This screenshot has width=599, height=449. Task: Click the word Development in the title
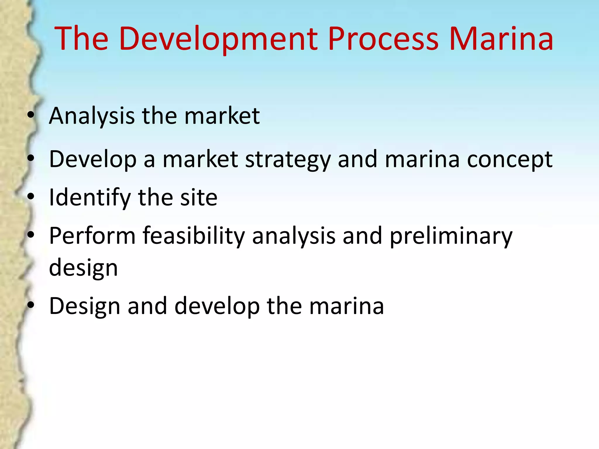click(x=218, y=39)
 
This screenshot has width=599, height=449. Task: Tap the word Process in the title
click(x=383, y=39)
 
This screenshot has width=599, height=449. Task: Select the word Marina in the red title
click(x=501, y=39)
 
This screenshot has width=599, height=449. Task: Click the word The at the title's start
click(x=81, y=39)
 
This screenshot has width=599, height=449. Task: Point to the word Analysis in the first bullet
click(x=92, y=116)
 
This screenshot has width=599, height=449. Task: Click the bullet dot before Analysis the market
click(x=31, y=115)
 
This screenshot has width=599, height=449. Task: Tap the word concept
click(x=510, y=160)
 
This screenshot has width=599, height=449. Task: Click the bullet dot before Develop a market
click(x=31, y=159)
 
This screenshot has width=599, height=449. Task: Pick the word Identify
click(x=89, y=198)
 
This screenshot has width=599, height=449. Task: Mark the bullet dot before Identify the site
click(x=31, y=197)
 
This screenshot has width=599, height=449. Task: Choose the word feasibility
click(x=194, y=236)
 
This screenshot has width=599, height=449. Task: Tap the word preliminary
click(x=451, y=236)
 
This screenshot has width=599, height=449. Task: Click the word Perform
click(x=92, y=236)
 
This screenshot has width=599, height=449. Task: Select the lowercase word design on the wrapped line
click(x=83, y=268)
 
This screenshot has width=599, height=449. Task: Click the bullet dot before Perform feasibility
click(x=31, y=235)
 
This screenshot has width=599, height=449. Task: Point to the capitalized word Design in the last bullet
click(x=85, y=306)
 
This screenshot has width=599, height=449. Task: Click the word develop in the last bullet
click(x=217, y=306)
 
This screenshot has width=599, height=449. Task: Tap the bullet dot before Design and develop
click(x=31, y=305)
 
